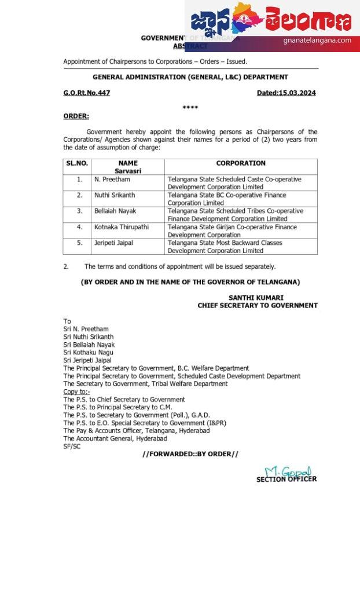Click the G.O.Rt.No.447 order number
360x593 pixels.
coord(86,93)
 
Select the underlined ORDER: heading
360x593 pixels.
coord(76,116)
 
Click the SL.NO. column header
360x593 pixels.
coord(77,163)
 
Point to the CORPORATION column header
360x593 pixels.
coord(241,163)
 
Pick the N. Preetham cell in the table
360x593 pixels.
coord(113,180)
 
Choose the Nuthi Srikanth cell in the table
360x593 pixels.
coord(115,195)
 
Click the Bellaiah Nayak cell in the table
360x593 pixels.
coord(115,211)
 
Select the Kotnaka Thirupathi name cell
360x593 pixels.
coord(122,227)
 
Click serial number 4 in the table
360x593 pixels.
coord(80,227)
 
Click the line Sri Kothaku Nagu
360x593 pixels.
coord(89,352)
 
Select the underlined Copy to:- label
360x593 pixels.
coord(76,391)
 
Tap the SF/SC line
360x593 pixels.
coord(72,446)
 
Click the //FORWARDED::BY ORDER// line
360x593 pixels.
coord(190,454)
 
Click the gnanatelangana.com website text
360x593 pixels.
coord(317,41)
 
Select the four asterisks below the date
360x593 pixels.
coord(190,108)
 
